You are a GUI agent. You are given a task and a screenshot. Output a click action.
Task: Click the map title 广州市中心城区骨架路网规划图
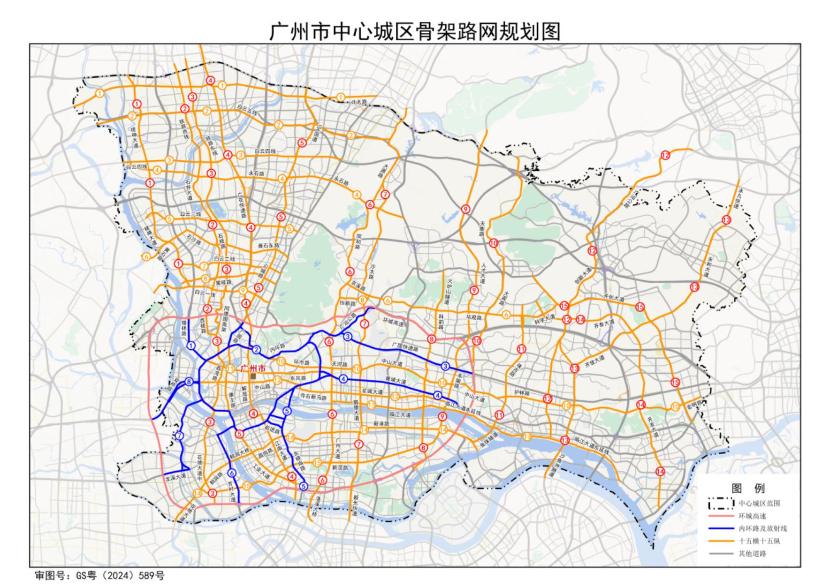415,31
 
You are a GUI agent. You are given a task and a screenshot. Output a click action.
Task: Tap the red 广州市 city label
253,369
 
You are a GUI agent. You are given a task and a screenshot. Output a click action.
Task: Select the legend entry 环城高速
752,516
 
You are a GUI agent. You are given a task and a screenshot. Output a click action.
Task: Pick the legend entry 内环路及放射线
762,528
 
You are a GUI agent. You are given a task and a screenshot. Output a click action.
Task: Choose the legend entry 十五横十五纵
759,541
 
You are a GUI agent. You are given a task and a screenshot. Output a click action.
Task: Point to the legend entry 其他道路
752,554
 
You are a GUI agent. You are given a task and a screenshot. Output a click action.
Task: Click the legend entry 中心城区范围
759,504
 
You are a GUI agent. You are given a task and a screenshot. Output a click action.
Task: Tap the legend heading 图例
748,488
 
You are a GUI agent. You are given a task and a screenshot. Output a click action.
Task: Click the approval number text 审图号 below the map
100,575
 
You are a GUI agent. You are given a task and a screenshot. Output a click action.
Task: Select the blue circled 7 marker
179,436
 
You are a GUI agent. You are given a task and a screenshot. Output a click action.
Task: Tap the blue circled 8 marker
189,382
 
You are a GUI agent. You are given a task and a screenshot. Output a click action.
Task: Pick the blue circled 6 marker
231,473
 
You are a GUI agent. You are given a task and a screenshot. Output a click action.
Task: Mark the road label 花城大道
372,391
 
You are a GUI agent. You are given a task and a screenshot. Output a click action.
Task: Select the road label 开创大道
614,298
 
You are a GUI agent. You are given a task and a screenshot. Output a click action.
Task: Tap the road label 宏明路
693,404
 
